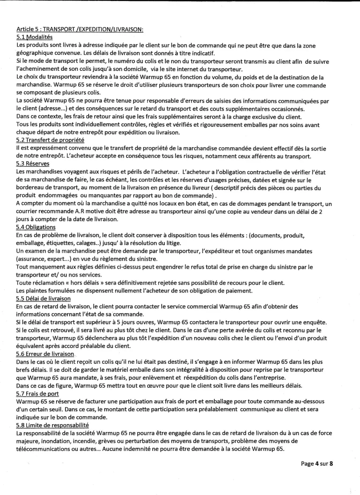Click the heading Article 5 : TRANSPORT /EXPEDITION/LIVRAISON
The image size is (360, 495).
80,30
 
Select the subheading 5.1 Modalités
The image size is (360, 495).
34,37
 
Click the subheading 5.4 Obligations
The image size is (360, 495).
37,226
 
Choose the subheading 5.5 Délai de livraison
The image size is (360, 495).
43,298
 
